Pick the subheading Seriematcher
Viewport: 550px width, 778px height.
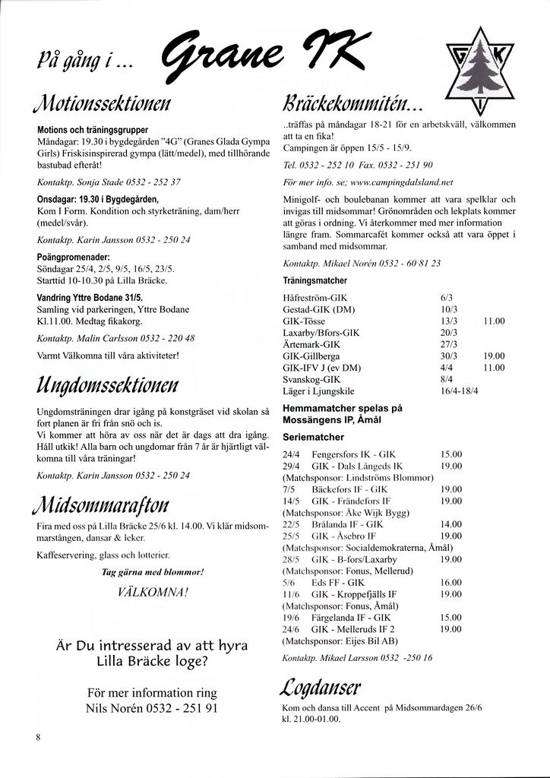(x=313, y=437)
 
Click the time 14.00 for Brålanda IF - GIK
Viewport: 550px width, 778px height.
(x=451, y=524)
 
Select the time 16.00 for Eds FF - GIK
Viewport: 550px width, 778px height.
(x=451, y=582)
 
